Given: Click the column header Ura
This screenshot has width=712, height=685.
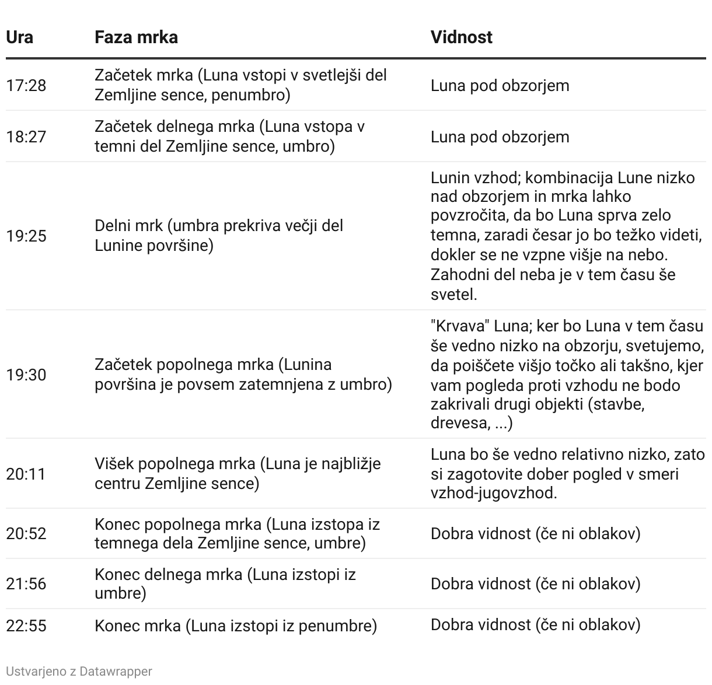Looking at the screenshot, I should pos(19,37).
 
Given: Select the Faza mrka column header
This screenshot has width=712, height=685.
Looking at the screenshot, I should pos(136,37).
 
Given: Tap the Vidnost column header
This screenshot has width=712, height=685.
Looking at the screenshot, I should pos(461,37).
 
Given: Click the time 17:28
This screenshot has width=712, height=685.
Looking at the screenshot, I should pos(26,85).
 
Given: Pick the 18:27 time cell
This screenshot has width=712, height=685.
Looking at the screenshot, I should pos(26,137).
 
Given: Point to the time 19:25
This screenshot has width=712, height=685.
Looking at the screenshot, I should pos(26,236).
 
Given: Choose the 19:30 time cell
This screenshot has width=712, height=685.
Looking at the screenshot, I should pos(26,375).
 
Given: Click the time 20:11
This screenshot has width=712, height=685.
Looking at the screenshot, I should pos(26,474).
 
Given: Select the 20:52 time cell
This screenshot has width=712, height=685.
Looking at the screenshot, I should pos(26,533).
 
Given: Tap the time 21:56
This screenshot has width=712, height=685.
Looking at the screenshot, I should pos(26,584).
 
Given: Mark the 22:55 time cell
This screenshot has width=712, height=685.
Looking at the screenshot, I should pos(26,625).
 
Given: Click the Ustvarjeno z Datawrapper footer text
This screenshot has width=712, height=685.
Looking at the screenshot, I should pos(79,671).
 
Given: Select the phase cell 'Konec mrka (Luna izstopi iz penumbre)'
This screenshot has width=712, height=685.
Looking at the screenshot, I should pos(236,625).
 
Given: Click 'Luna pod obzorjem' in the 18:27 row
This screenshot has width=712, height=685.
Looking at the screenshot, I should pos(500,137).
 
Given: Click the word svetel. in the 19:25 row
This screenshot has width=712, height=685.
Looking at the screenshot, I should pos(453,294).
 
